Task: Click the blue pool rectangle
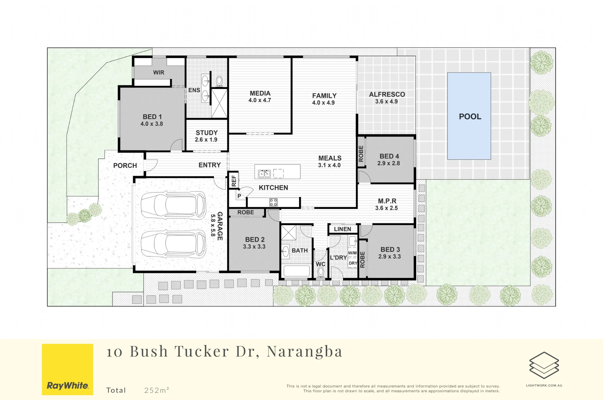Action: click(x=469, y=116)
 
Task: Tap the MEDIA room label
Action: click(x=260, y=94)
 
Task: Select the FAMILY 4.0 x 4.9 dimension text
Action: click(x=324, y=103)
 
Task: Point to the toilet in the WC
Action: click(x=321, y=273)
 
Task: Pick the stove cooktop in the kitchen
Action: click(x=273, y=202)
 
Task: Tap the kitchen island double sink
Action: click(x=264, y=174)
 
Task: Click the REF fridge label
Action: click(x=234, y=181)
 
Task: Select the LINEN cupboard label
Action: click(x=343, y=229)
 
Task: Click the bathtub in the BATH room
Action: click(x=297, y=271)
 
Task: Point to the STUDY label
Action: click(x=207, y=133)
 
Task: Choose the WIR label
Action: click(x=159, y=72)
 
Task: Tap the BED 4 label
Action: click(x=389, y=156)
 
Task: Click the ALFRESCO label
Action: click(x=387, y=94)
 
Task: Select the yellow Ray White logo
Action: click(x=68, y=370)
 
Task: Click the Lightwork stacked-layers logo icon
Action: click(x=544, y=365)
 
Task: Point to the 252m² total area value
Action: click(x=156, y=390)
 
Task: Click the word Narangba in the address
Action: click(x=305, y=352)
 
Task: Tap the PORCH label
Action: click(x=125, y=166)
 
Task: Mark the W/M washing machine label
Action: click(x=352, y=253)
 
